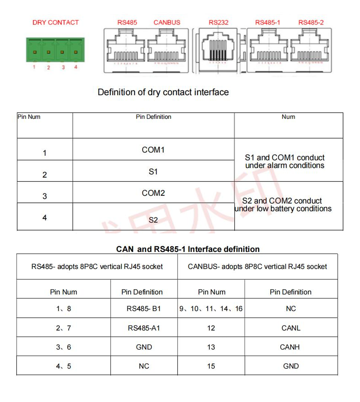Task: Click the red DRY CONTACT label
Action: [x=56, y=22]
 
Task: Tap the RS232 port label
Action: [x=219, y=22]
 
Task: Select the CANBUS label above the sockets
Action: [x=167, y=22]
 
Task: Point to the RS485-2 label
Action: [x=311, y=22]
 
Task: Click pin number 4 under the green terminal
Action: [x=76, y=67]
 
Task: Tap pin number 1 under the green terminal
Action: [x=34, y=67]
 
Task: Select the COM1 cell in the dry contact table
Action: [x=153, y=150]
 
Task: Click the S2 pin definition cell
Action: [x=153, y=220]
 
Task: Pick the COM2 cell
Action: [x=153, y=193]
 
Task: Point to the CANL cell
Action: [x=291, y=328]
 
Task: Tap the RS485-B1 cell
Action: [x=144, y=308]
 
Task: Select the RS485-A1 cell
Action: [x=144, y=328]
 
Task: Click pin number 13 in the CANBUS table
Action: [x=211, y=347]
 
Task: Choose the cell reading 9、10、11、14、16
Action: [x=211, y=308]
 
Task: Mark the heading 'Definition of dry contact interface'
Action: [x=163, y=92]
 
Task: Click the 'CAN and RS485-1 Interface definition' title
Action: [x=188, y=249]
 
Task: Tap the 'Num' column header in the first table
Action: [x=288, y=117]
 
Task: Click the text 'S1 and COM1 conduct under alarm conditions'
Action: [x=285, y=162]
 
